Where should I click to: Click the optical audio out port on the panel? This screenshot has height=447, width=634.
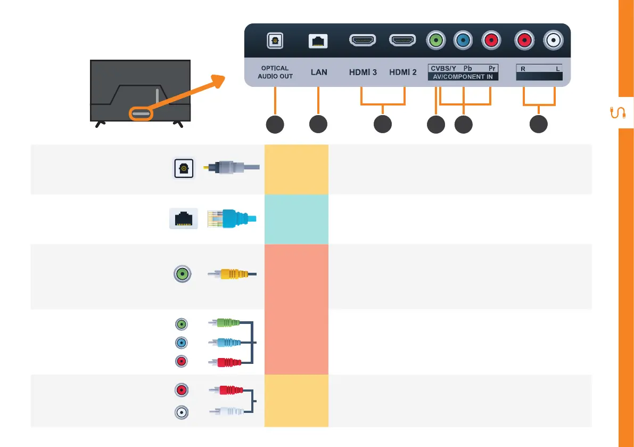(275, 40)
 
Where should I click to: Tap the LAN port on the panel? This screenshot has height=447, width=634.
(318, 40)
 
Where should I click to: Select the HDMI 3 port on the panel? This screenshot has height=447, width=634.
(363, 40)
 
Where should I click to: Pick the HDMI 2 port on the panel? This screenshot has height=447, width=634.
(403, 40)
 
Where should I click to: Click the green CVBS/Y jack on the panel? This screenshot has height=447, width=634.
(436, 39)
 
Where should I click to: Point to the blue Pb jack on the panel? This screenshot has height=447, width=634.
(463, 39)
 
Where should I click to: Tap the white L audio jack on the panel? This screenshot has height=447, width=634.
(554, 39)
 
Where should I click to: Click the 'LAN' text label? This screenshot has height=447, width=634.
(319, 72)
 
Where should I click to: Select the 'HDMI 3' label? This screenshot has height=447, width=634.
(363, 72)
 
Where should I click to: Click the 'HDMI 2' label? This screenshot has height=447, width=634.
(403, 72)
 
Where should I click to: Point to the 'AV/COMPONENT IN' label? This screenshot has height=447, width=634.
(463, 77)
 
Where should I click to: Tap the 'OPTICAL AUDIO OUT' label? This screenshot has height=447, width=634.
(275, 72)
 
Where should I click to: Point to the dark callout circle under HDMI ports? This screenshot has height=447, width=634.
(382, 125)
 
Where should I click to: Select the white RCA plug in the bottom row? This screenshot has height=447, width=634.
(228, 411)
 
